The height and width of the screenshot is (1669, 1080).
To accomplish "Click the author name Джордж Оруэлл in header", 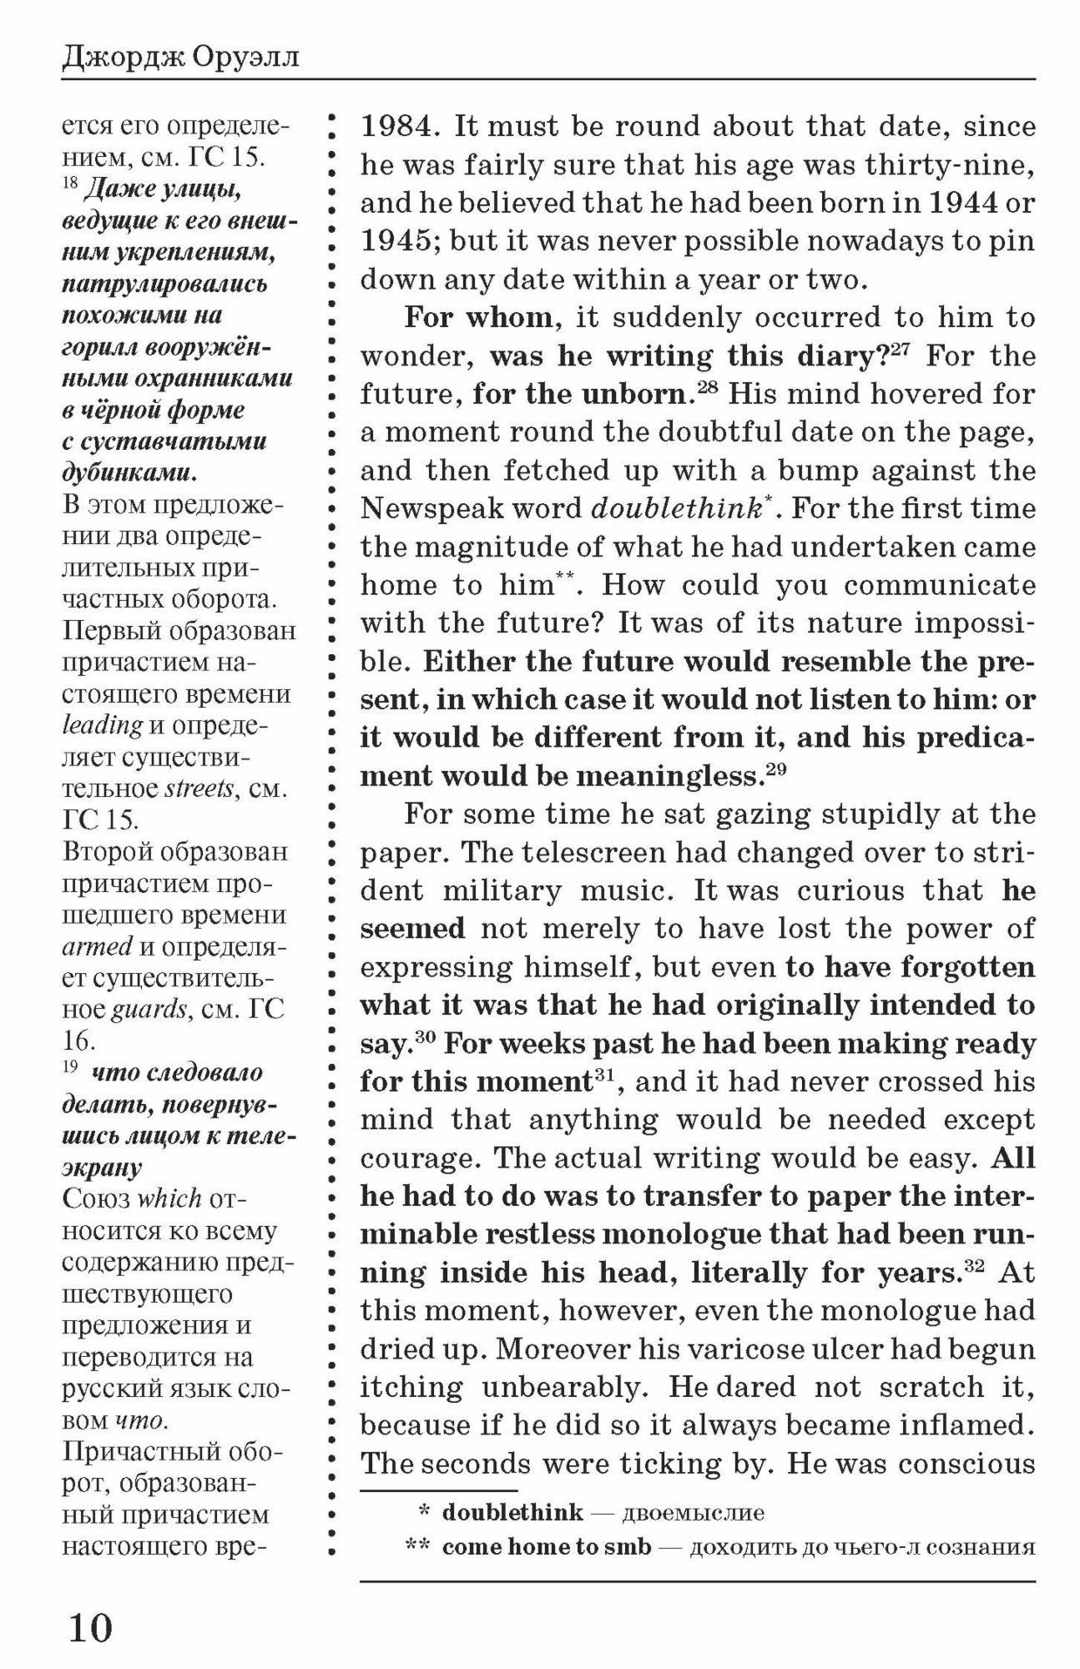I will [x=180, y=58].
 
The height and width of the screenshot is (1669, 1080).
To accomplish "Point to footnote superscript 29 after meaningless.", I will [x=776, y=769].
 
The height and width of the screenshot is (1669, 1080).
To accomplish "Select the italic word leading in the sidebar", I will [x=102, y=724].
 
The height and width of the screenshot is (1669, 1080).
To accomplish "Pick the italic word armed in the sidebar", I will [x=97, y=946].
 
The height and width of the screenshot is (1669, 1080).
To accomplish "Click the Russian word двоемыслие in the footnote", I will [x=693, y=1512].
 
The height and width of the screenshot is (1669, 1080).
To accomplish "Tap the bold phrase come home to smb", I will [x=546, y=1547].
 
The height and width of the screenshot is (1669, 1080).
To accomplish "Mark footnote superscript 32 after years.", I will [x=975, y=1265].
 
